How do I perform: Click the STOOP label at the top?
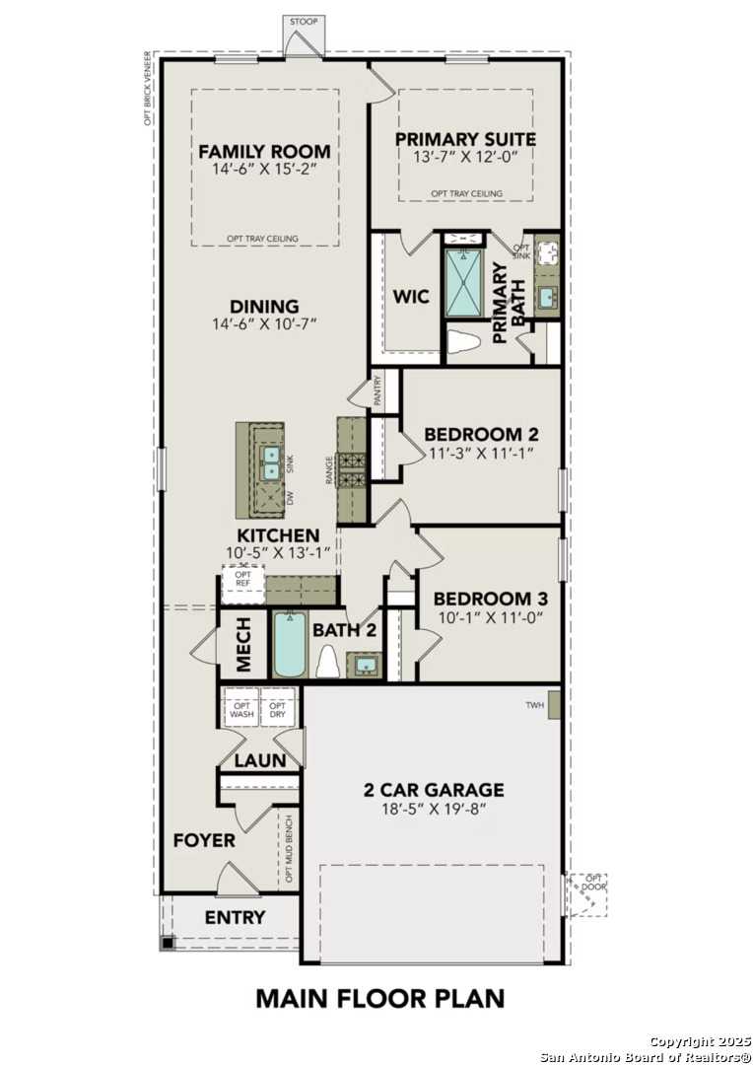[304, 20]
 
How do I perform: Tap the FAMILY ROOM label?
[264, 152]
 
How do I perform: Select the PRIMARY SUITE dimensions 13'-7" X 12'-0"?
[465, 156]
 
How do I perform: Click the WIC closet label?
[411, 297]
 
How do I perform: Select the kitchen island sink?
[271, 462]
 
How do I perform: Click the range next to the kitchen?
[352, 470]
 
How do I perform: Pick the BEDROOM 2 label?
[481, 435]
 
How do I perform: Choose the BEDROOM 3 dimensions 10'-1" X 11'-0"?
[490, 617]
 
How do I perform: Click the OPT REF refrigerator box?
[242, 583]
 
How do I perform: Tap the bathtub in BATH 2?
[291, 647]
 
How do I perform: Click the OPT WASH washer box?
[242, 709]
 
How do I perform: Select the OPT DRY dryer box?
[278, 709]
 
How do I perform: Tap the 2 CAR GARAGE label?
[434, 790]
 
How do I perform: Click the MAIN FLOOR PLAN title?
[379, 998]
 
